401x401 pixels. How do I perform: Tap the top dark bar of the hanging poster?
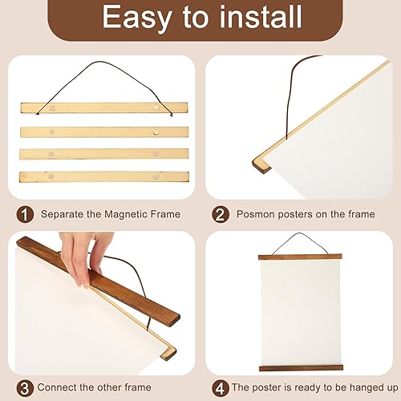tap(300, 257)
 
